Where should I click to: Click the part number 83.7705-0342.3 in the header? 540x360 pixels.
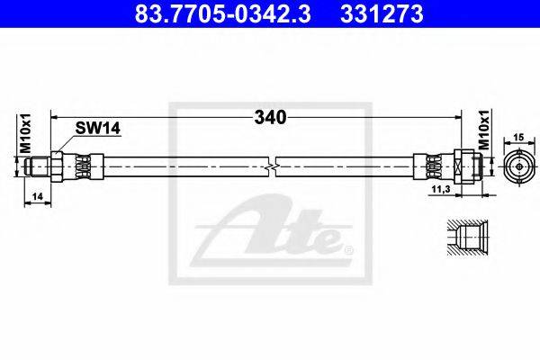[223, 13]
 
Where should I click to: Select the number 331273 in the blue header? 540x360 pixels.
[382, 13]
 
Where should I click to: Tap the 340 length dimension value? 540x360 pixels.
[270, 118]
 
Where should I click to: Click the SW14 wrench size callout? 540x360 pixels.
[98, 129]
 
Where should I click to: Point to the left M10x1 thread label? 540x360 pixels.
[25, 133]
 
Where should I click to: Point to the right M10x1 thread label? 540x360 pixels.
[485, 130]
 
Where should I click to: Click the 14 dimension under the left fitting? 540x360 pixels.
[37, 196]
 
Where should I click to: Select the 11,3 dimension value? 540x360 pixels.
[442, 189]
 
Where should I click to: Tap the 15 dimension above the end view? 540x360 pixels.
[518, 137]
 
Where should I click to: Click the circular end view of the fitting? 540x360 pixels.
[519, 166]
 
